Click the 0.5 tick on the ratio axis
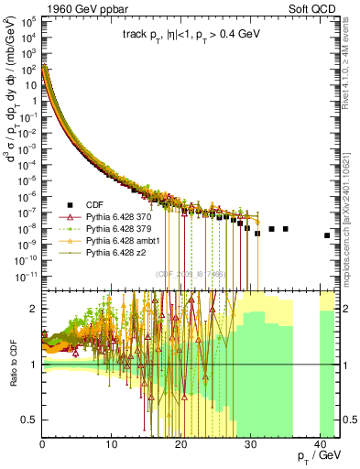(x=32, y=420)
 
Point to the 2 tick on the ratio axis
(x=35, y=310)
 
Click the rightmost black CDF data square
(x=327, y=235)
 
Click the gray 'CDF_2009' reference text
(x=189, y=274)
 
